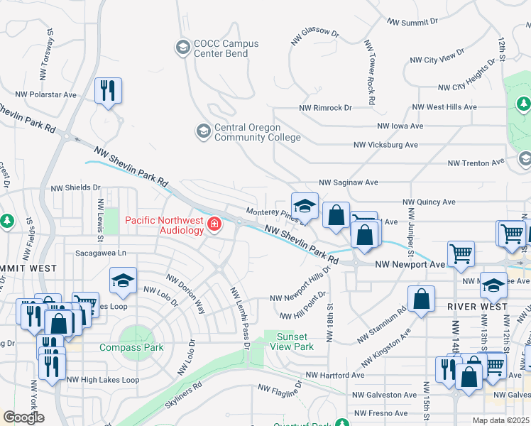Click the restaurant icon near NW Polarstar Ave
pos(108,90)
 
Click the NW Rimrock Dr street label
pos(326,107)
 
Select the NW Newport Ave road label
pos(411,263)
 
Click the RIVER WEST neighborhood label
pos(478,306)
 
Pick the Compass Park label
pos(131,347)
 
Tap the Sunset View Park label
pos(292,342)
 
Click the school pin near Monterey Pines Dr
pos(305,206)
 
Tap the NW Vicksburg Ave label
pos(386,145)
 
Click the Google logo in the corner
pos(23,417)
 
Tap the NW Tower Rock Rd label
pos(369,72)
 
